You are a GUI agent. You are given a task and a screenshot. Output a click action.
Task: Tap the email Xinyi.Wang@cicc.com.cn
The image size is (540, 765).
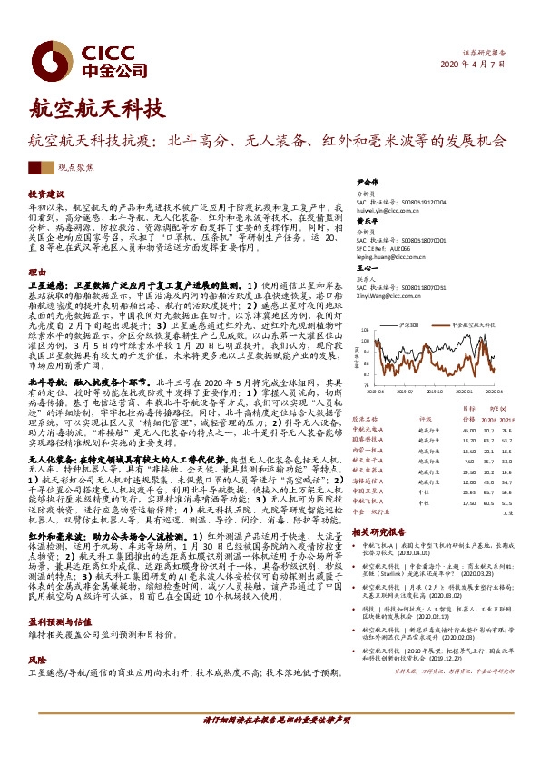pos(388,294)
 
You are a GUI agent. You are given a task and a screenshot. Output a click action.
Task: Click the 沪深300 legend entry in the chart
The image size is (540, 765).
pos(407,323)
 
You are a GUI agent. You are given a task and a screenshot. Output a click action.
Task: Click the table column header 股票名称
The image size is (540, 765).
pos(365,419)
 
